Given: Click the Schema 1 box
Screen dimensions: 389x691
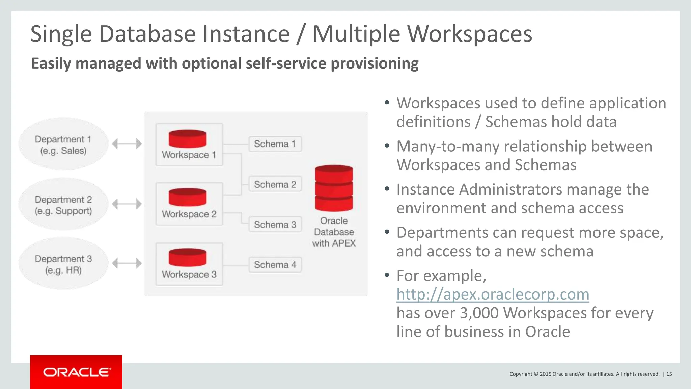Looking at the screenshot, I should [275, 144].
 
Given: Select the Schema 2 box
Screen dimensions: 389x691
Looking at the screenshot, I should [275, 184].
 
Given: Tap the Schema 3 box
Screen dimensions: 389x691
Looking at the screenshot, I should [275, 225].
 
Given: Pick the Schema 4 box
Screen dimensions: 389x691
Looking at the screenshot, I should [275, 265].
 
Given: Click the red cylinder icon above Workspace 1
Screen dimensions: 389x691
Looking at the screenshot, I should [188, 138].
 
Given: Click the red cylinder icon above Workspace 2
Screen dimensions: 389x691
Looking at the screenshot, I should [188, 197].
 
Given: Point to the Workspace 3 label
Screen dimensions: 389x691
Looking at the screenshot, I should [189, 274].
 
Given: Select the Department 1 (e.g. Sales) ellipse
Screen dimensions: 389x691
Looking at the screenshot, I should [63, 144].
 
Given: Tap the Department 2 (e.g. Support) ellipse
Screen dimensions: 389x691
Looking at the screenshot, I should [63, 205].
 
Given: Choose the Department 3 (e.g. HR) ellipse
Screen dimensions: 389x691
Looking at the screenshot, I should [63, 264].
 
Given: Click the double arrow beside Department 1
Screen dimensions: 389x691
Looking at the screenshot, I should [127, 144].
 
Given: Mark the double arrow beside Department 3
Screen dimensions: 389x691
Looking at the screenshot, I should [127, 263].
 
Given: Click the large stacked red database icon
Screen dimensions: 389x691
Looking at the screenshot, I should [334, 188].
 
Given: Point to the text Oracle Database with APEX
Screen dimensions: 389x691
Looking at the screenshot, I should [334, 232].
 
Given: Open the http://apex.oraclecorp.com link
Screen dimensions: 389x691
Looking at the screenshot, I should [493, 294].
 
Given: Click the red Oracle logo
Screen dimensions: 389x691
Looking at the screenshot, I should [76, 372].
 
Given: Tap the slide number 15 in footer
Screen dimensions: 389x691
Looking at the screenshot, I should [669, 374].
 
